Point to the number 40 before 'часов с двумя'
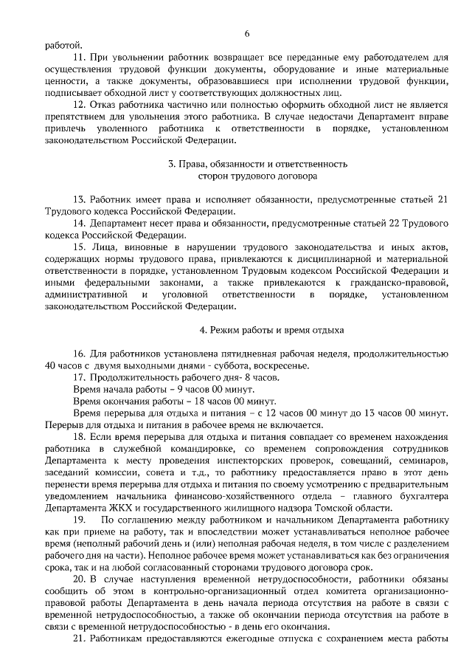coord(51,365)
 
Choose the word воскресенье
coord(283,365)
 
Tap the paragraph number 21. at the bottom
coord(80,639)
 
